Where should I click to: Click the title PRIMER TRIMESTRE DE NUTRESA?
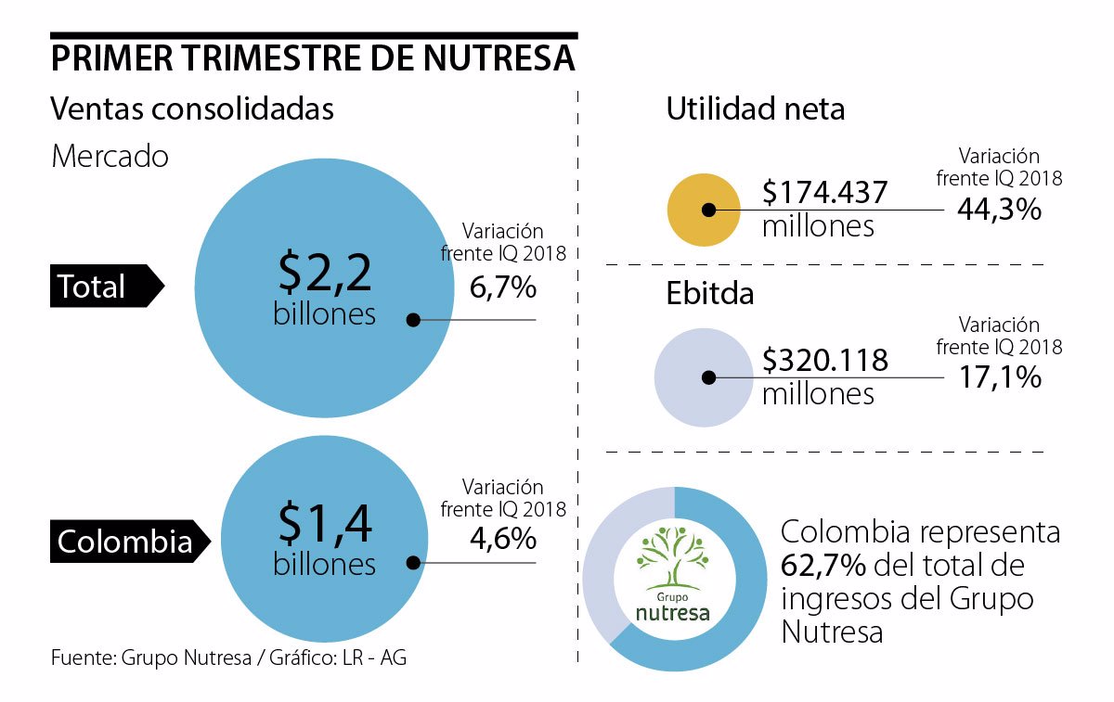313,58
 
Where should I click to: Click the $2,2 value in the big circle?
325,273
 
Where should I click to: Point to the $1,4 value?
325,526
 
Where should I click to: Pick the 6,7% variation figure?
503,287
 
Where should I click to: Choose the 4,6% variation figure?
503,539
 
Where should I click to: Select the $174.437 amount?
825,193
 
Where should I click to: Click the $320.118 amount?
825,360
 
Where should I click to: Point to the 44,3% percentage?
999,210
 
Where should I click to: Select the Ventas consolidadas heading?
192,109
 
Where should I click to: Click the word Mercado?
110,156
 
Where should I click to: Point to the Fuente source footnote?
228,658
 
